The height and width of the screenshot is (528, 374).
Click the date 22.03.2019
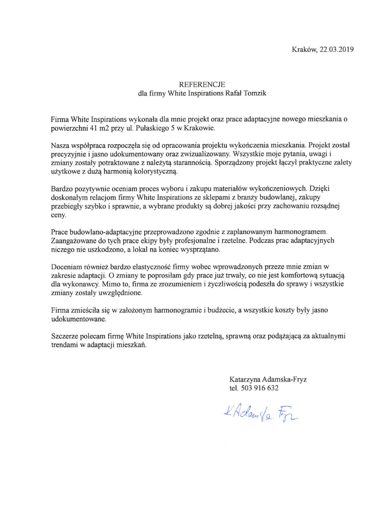(x=337, y=49)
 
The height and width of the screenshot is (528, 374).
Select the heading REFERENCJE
(x=202, y=84)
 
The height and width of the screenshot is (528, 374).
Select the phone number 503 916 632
(x=259, y=388)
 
